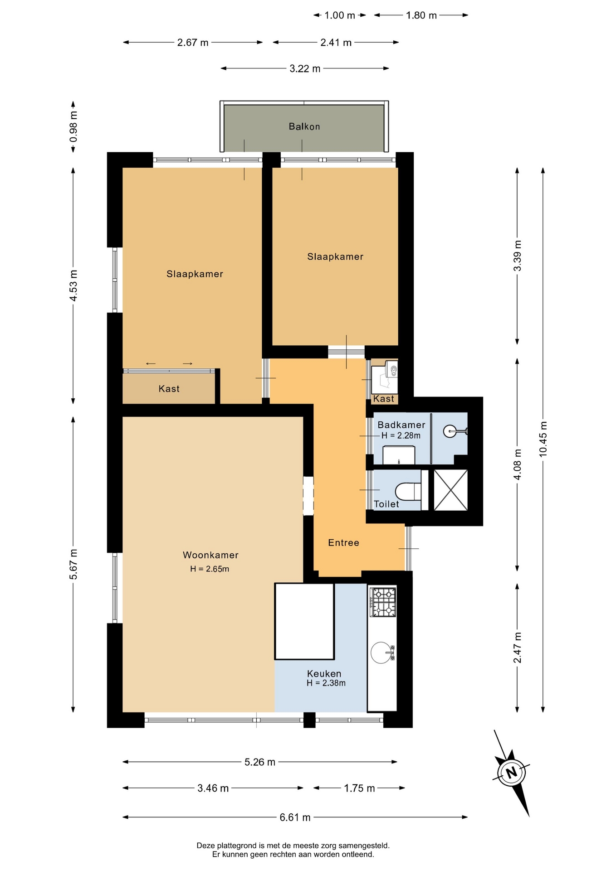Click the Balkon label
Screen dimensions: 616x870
coord(304,126)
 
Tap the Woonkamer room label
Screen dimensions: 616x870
coord(210,555)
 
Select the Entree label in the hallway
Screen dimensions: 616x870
coord(343,542)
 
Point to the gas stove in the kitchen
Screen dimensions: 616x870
coord(383,602)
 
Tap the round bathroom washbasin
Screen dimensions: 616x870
coord(450,431)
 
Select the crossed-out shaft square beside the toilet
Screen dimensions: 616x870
coord(451,490)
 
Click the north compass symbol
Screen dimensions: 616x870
coord(512,773)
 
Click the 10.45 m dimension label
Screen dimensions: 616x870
coord(543,439)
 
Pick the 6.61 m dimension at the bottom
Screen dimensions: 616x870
coord(295,817)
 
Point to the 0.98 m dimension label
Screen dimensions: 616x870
coord(73,126)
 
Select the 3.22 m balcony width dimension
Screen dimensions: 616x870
coord(305,68)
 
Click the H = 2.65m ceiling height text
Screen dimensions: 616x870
coord(210,569)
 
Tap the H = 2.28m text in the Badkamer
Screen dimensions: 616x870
coord(401,435)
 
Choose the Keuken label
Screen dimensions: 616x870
coord(324,674)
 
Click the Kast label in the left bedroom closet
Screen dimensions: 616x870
coord(169,389)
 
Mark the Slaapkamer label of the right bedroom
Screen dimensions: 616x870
coord(335,256)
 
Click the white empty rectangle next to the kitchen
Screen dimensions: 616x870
coord(304,621)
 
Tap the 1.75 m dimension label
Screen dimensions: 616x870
coord(359,788)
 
